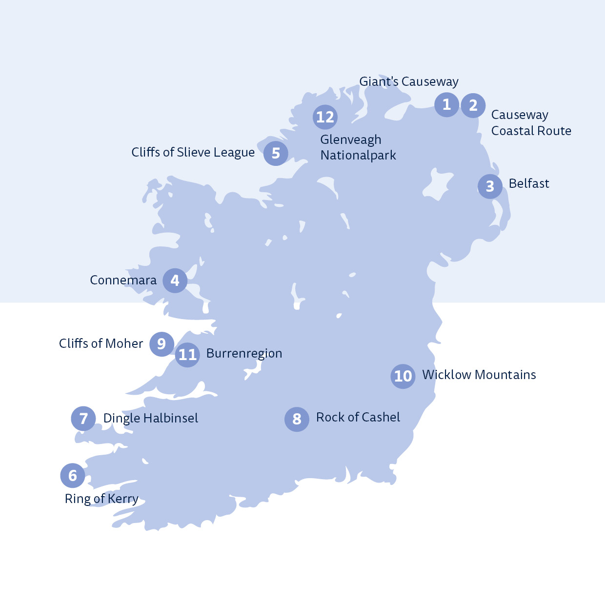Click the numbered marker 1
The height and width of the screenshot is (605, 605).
pyautogui.click(x=446, y=104)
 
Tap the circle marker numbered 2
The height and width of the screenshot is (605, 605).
pyautogui.click(x=473, y=105)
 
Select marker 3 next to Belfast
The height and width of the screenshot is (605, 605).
pyautogui.click(x=490, y=186)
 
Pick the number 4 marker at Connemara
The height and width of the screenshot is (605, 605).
pyautogui.click(x=175, y=281)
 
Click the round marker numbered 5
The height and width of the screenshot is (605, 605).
pyautogui.click(x=276, y=153)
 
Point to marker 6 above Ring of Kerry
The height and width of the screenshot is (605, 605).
pyautogui.click(x=73, y=475)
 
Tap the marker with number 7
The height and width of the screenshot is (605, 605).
pyautogui.click(x=83, y=419)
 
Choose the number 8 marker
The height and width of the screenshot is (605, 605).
pyautogui.click(x=297, y=419)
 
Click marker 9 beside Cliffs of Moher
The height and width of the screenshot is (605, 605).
pyautogui.click(x=161, y=344)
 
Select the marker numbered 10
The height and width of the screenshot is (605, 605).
pyautogui.click(x=403, y=376)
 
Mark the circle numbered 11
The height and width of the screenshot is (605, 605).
pyautogui.click(x=187, y=355)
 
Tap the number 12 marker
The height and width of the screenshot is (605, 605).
pyautogui.click(x=325, y=117)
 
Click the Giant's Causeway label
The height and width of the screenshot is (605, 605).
pyautogui.click(x=409, y=81)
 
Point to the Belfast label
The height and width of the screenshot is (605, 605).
pyautogui.click(x=529, y=183)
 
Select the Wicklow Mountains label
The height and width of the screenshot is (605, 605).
pyautogui.click(x=479, y=375)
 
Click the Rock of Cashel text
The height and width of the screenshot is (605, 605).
pyautogui.click(x=358, y=417)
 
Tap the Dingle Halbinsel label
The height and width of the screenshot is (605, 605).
pyautogui.click(x=151, y=418)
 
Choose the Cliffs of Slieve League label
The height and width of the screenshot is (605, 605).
pyautogui.click(x=193, y=152)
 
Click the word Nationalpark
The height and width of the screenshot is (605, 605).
pyautogui.click(x=358, y=155)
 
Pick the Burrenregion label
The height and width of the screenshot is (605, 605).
pyautogui.click(x=244, y=353)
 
